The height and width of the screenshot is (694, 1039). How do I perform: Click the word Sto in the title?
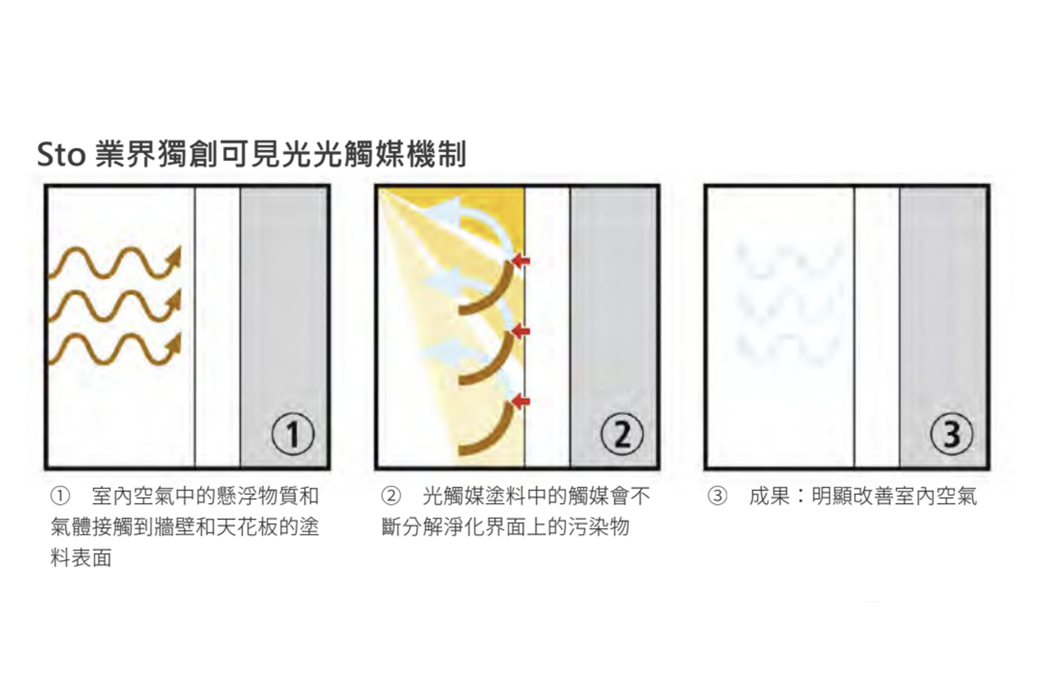click(x=61, y=154)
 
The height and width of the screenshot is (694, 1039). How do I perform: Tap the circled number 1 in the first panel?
click(x=293, y=434)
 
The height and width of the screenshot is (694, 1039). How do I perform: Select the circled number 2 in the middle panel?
click(x=622, y=434)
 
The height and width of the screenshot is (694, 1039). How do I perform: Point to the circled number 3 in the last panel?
click(x=952, y=434)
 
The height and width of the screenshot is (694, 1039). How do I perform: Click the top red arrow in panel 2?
click(x=521, y=261)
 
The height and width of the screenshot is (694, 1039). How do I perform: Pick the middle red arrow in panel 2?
click(x=521, y=332)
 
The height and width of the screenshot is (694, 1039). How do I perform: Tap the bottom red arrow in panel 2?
click(x=521, y=402)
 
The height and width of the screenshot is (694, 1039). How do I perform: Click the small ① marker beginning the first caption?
click(x=60, y=496)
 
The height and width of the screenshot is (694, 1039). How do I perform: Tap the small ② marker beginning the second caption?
click(x=391, y=496)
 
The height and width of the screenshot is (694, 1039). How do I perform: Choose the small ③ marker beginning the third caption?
click(x=717, y=496)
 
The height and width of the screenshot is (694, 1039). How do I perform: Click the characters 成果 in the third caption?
click(x=769, y=496)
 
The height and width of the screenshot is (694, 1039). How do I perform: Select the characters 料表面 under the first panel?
click(x=81, y=558)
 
